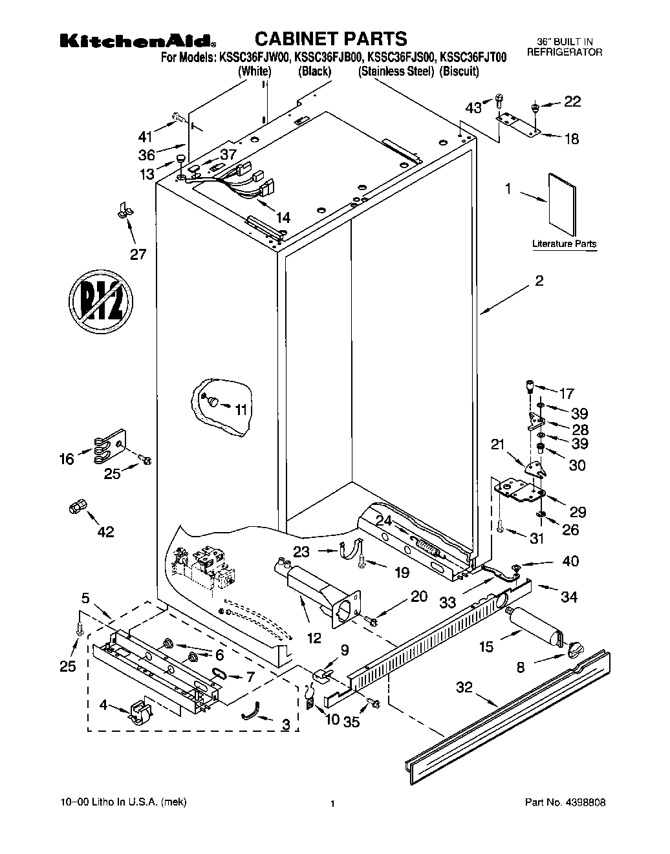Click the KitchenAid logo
click(138, 41)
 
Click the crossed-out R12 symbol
click(101, 303)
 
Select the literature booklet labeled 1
click(562, 204)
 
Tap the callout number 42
click(105, 531)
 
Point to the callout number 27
click(138, 254)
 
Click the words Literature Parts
click(564, 244)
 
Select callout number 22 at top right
click(572, 101)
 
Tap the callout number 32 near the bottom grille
click(465, 688)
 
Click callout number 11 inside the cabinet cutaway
click(241, 409)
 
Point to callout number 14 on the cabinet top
click(283, 218)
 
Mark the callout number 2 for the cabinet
click(539, 281)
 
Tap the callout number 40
click(570, 561)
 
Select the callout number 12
click(314, 638)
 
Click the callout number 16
click(67, 459)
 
